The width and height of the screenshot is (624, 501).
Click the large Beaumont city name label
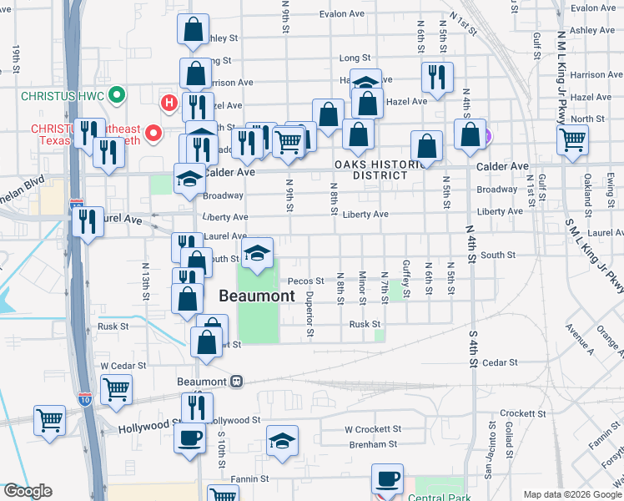coord(257,296)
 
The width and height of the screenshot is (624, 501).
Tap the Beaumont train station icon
coord(237,381)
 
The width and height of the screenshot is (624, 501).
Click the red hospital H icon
coord(169,104)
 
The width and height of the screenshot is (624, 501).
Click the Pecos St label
coord(306,281)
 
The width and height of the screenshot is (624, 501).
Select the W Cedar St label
coord(123,366)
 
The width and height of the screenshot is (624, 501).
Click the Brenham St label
coord(372,445)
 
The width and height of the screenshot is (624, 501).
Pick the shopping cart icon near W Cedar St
coord(116,390)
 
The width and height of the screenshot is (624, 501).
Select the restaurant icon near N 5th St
coord(437,79)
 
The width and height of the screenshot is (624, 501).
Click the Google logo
coord(28,491)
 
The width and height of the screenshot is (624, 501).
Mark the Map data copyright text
coord(572,494)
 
